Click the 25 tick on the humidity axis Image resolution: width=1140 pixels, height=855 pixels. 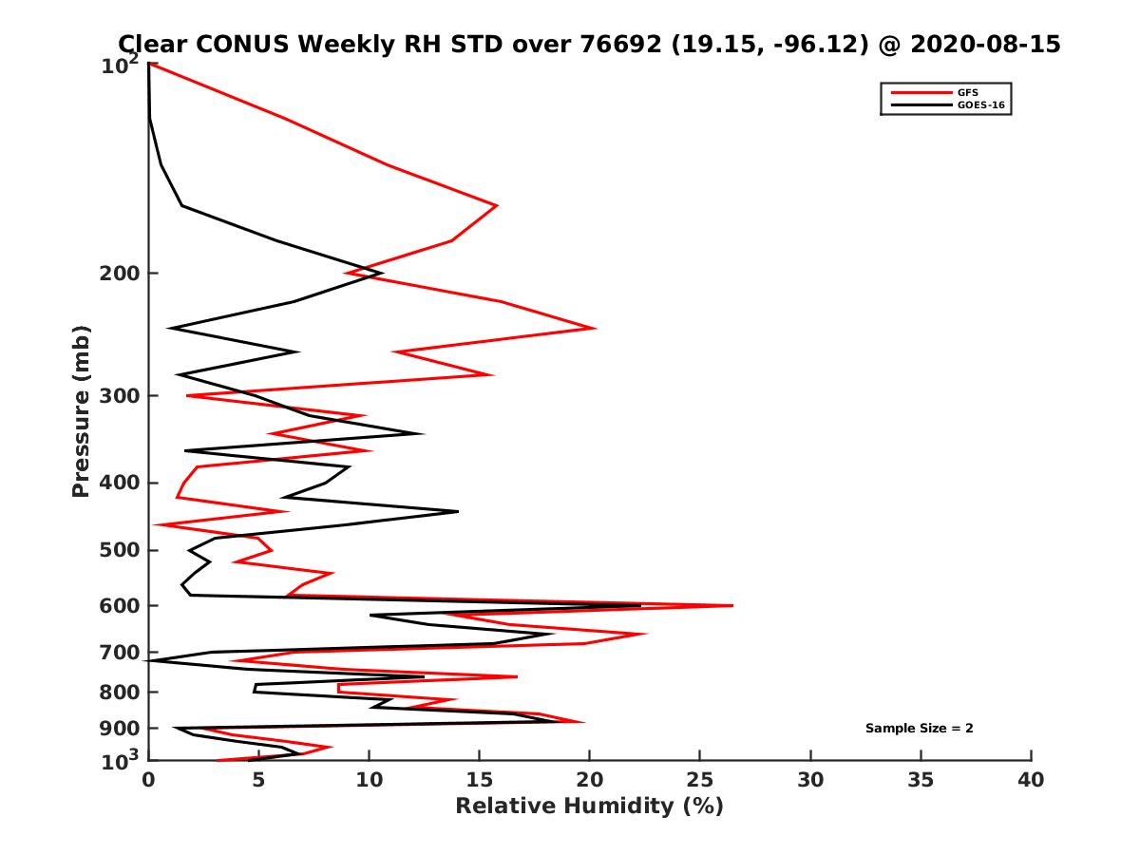click(700, 780)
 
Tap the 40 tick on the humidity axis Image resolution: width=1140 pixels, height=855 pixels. click(1031, 780)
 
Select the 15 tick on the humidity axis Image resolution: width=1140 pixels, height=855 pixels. click(480, 780)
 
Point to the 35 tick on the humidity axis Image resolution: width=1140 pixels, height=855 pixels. click(921, 780)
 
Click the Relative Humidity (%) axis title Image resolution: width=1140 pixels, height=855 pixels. click(589, 807)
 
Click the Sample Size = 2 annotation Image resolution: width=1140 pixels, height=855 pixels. click(919, 729)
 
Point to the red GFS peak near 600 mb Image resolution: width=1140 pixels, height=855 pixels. click(732, 605)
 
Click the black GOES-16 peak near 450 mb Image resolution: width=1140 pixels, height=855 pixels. click(458, 511)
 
